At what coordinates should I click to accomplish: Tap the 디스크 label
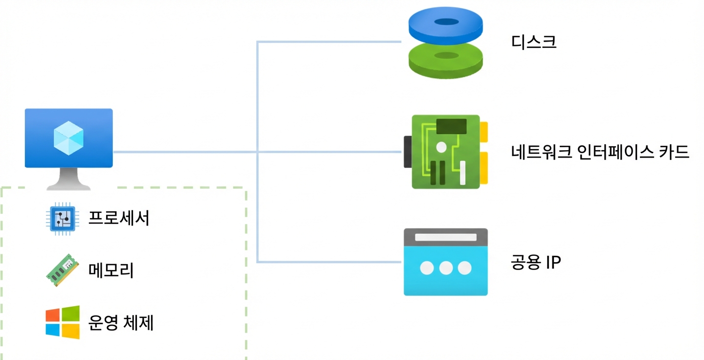[534, 42]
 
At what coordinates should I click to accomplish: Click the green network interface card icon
[446, 152]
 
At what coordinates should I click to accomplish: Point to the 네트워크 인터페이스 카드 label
[600, 152]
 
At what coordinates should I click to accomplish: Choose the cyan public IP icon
[446, 262]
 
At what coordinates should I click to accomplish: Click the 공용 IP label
[536, 262]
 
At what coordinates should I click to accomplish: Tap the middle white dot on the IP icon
[446, 268]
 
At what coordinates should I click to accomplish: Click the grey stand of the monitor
[68, 179]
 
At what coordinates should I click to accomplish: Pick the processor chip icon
[63, 219]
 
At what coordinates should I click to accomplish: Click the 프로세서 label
[119, 218]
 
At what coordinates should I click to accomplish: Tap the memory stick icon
[62, 270]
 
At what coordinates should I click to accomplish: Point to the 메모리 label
[111, 270]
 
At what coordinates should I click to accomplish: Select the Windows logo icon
[63, 322]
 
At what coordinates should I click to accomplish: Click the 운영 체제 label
[121, 323]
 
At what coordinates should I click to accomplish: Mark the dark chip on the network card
[452, 126]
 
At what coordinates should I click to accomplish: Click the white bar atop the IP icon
[446, 237]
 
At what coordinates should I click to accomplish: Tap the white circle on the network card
[441, 147]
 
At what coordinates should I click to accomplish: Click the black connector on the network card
[408, 152]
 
